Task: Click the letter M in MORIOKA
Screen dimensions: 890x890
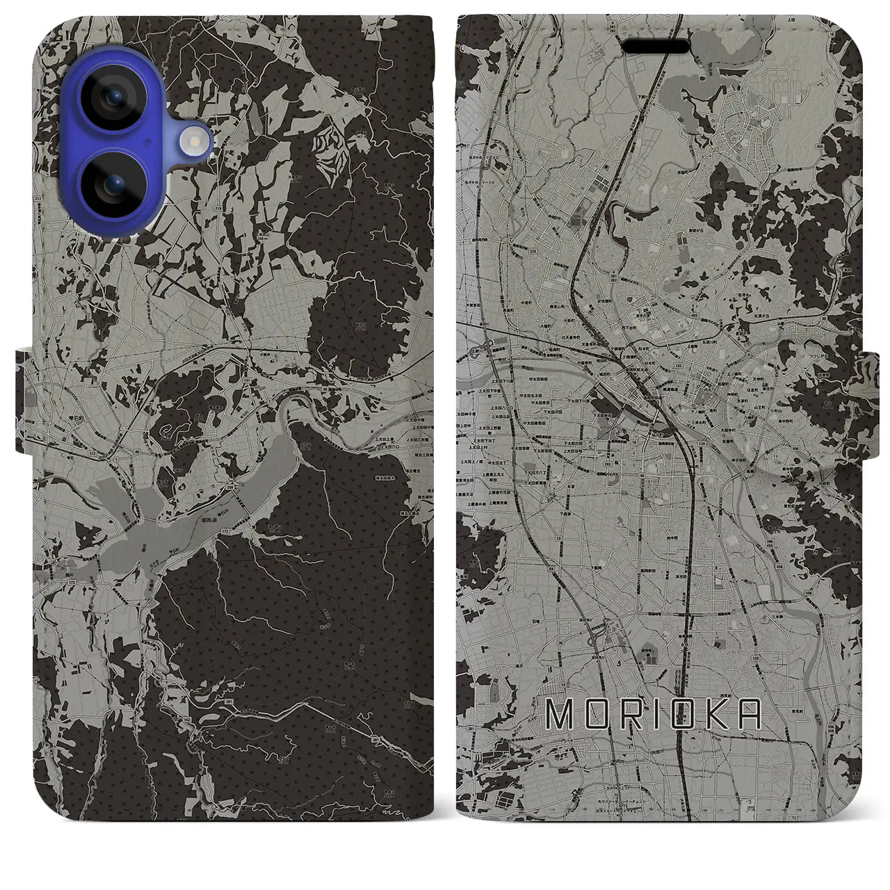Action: (561, 713)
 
